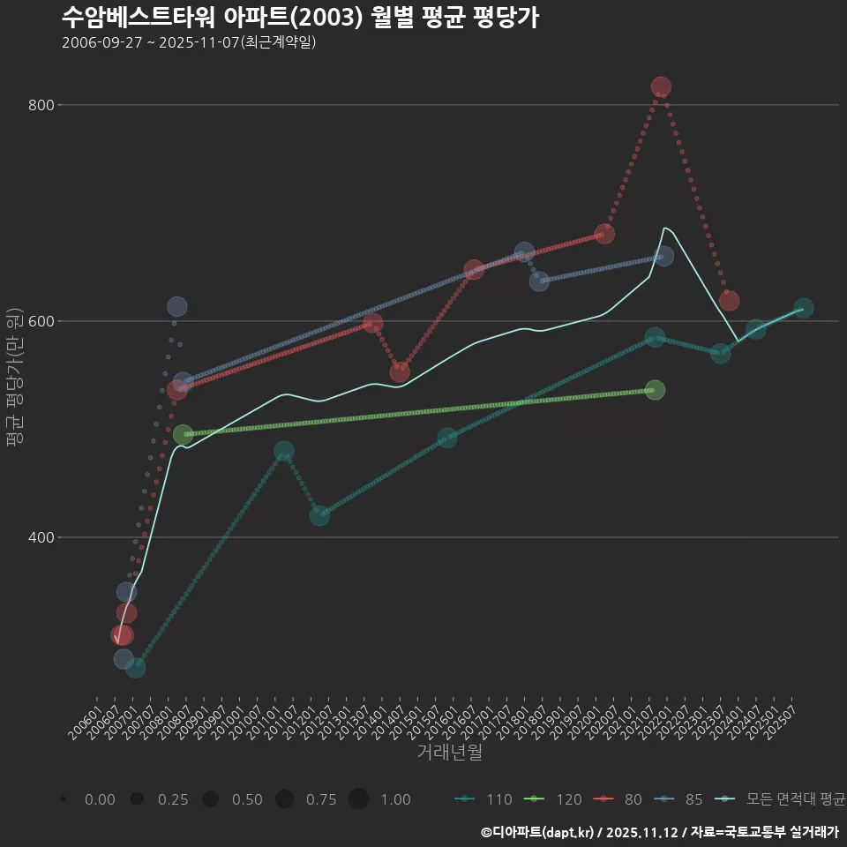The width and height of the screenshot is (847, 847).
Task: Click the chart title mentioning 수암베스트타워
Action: (x=300, y=17)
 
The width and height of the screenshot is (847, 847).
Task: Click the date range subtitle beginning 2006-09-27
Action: (x=189, y=42)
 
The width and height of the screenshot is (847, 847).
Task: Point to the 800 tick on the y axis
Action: (x=41, y=105)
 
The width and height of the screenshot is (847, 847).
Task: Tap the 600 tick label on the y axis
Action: (x=41, y=321)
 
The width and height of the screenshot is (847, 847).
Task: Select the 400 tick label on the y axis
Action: (x=41, y=537)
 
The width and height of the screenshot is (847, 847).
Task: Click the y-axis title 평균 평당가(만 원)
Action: (x=14, y=383)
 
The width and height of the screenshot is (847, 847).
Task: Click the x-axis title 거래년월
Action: (x=449, y=753)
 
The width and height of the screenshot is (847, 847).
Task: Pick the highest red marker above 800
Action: (x=661, y=86)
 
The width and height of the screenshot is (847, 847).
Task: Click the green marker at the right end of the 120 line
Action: (x=655, y=390)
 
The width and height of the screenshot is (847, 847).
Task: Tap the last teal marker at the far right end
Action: (x=803, y=308)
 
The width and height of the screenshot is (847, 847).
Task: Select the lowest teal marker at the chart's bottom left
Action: (x=135, y=668)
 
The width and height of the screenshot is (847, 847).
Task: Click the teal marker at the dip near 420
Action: (x=319, y=515)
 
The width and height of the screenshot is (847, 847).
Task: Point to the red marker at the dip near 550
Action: (x=400, y=371)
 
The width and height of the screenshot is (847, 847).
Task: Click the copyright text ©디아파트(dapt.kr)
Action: (x=537, y=832)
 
